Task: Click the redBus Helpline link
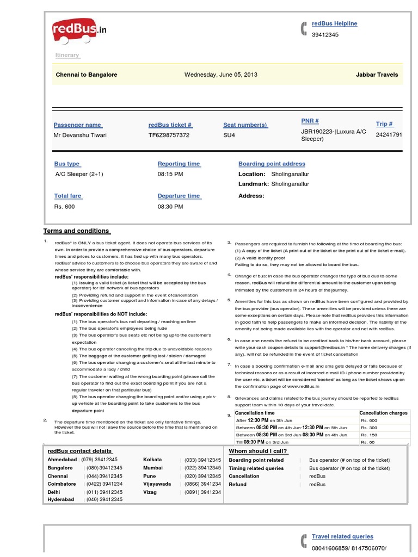point(334,24)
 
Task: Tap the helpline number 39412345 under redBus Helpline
point(325,35)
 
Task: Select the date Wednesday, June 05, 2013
point(221,75)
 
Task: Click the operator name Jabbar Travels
point(377,75)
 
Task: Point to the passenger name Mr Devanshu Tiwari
point(80,135)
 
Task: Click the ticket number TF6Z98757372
point(169,135)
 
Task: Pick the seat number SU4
point(229,135)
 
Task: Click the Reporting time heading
point(179,164)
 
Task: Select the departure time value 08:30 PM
point(170,207)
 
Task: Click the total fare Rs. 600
point(64,207)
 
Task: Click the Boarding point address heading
point(272,164)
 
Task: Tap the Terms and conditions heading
point(76,231)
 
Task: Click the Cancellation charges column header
point(383,413)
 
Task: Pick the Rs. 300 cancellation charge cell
point(368,428)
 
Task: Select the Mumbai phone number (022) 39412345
point(202,468)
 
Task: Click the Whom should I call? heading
point(258,451)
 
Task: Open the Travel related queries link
point(342,536)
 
